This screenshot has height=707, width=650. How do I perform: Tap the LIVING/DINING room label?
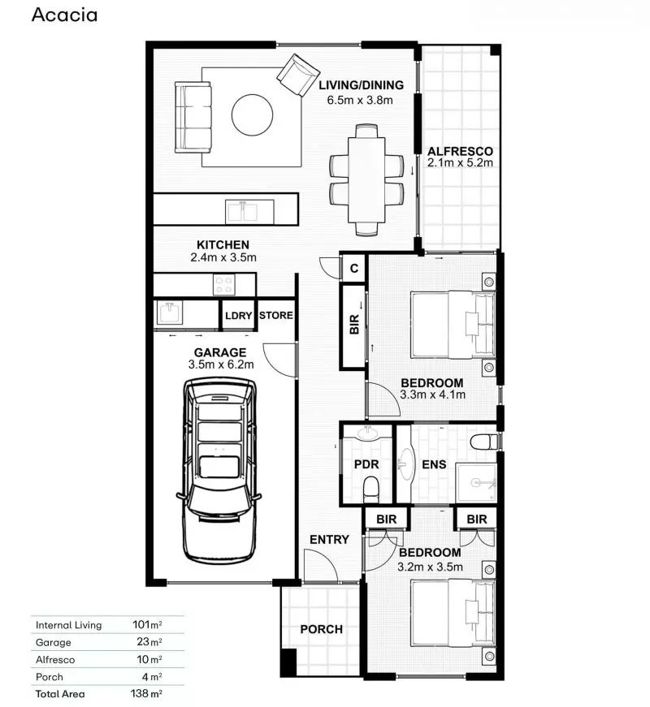360,85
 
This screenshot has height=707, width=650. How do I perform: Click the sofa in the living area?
194,115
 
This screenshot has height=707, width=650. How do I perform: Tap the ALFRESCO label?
461,150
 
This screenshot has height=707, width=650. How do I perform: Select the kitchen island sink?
242,212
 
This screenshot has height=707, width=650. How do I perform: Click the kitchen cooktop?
223,284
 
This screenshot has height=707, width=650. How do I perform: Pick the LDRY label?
238,316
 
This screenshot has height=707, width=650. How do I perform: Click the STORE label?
275,316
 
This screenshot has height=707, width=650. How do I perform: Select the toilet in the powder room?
371,489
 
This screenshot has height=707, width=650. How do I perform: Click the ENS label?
432,465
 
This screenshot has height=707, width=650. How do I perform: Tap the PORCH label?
321,629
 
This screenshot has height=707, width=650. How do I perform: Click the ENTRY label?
329,539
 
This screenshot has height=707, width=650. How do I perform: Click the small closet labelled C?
354,267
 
